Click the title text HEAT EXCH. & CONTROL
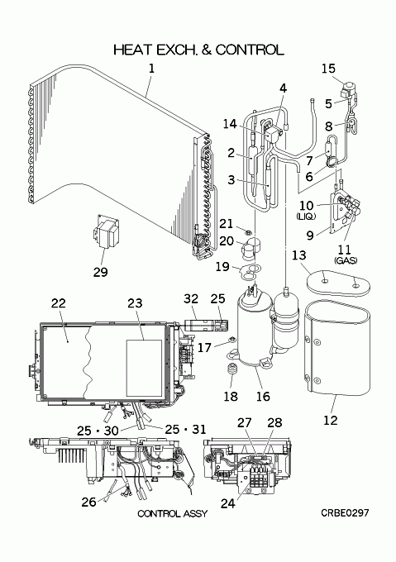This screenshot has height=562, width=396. point(198,50)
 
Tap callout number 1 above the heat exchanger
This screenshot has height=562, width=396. point(151,68)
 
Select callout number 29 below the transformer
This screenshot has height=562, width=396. point(100,272)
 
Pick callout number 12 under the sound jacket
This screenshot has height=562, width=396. point(331,420)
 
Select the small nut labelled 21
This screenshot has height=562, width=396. point(247,230)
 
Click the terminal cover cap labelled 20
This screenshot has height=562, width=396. point(251,248)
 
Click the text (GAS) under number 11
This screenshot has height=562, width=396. point(346,260)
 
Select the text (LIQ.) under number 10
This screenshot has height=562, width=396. point(306,217)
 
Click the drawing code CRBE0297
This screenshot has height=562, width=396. point(345,513)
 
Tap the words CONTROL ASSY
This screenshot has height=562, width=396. point(173,513)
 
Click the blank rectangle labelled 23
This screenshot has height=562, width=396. point(145,368)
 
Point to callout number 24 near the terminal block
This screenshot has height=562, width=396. point(228,503)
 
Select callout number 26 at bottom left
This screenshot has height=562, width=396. point(89,502)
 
